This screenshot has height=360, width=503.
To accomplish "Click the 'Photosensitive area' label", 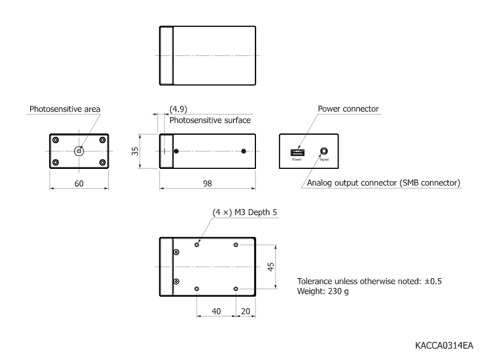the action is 65,109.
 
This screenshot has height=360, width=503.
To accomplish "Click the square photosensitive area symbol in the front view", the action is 79,152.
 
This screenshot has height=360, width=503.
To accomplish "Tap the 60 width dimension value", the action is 79,184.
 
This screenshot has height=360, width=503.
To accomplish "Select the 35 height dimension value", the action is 135,151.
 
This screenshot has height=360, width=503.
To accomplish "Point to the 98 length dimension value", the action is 207,184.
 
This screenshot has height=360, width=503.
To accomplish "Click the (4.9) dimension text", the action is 178,109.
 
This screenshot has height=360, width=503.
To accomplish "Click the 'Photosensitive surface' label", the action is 210,120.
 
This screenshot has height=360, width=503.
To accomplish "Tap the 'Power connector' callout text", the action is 349,109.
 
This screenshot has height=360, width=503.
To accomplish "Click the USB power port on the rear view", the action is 297,152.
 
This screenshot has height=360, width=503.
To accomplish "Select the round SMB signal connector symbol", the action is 324,151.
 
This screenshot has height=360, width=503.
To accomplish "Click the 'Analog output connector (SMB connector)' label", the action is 384,183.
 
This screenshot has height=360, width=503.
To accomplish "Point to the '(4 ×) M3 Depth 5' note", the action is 245,212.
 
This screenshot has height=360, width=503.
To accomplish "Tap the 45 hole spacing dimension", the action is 271,267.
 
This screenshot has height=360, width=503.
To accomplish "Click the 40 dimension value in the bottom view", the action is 216,312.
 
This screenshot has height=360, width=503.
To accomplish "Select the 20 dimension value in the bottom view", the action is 245,312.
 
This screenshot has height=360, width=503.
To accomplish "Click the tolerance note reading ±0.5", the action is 369,281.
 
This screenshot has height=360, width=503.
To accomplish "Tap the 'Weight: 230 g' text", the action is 323,291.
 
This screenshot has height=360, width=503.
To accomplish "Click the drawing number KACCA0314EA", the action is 444,346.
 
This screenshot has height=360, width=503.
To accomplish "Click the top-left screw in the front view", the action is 56,140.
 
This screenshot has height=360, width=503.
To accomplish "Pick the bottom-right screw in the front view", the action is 103,163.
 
